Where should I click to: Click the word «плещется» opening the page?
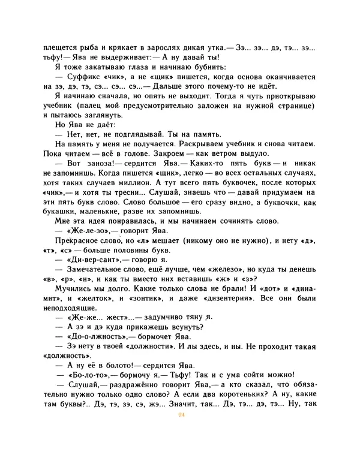(x=62, y=47)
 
